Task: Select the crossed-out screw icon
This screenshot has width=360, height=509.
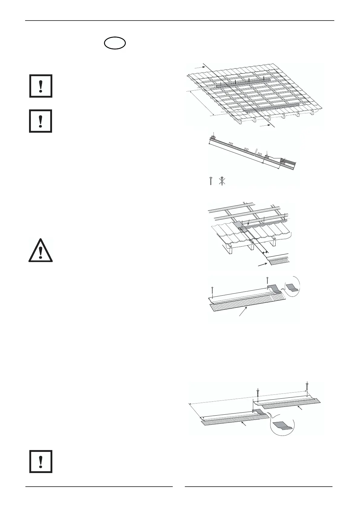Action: (222, 181)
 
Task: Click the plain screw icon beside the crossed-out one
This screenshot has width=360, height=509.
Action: (211, 181)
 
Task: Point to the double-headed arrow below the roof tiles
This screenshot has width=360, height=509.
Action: (265, 252)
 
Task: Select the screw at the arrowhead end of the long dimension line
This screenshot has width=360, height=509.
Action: (307, 387)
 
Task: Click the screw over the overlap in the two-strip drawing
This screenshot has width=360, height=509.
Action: (258, 394)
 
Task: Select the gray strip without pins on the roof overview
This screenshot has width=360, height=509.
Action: (272, 107)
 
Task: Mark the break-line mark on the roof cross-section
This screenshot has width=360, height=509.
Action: (256, 152)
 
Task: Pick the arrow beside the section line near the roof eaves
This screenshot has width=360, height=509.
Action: (264, 125)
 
